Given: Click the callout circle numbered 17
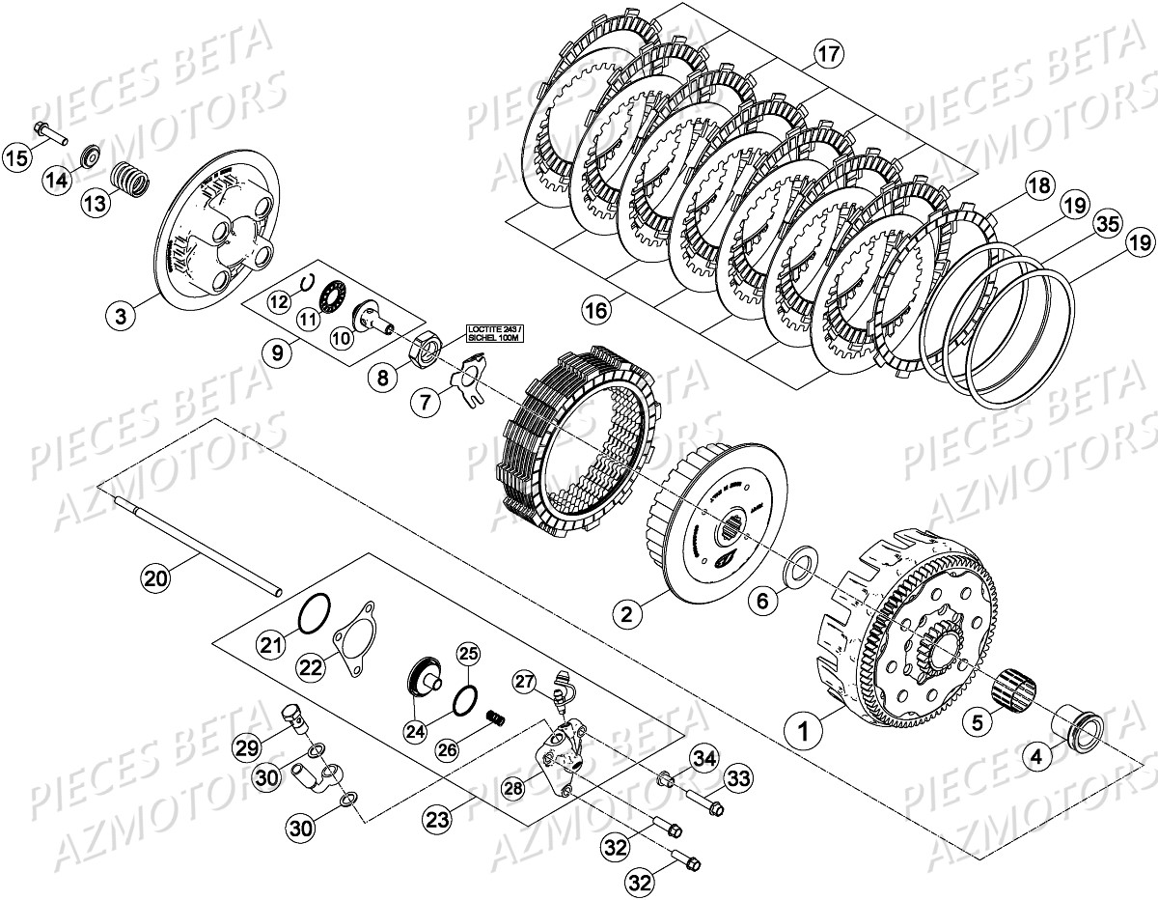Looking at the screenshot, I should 826,54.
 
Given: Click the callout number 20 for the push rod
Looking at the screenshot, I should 156,578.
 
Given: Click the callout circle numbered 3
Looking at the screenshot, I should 122,314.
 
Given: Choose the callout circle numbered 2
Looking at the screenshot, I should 626,612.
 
